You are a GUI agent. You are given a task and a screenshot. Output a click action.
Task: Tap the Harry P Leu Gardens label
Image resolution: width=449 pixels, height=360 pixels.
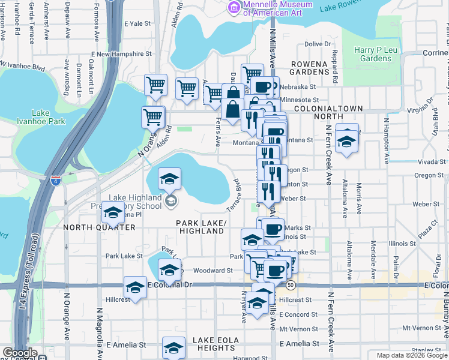point(372,54)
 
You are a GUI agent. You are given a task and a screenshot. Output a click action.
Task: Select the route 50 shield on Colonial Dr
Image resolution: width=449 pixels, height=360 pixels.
point(291,284)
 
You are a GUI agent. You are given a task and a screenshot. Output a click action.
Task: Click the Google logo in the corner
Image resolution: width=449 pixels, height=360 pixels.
point(19,353)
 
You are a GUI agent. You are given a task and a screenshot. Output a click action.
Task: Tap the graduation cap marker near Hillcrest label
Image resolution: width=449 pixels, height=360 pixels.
point(135,287)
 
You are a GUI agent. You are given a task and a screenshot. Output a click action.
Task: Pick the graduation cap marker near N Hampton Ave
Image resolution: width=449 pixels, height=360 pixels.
point(346,139)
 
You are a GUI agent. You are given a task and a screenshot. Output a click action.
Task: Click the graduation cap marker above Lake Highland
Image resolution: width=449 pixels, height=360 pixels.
point(169,178)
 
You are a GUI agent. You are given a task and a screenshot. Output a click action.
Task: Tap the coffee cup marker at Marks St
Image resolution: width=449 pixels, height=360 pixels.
point(273,229)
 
